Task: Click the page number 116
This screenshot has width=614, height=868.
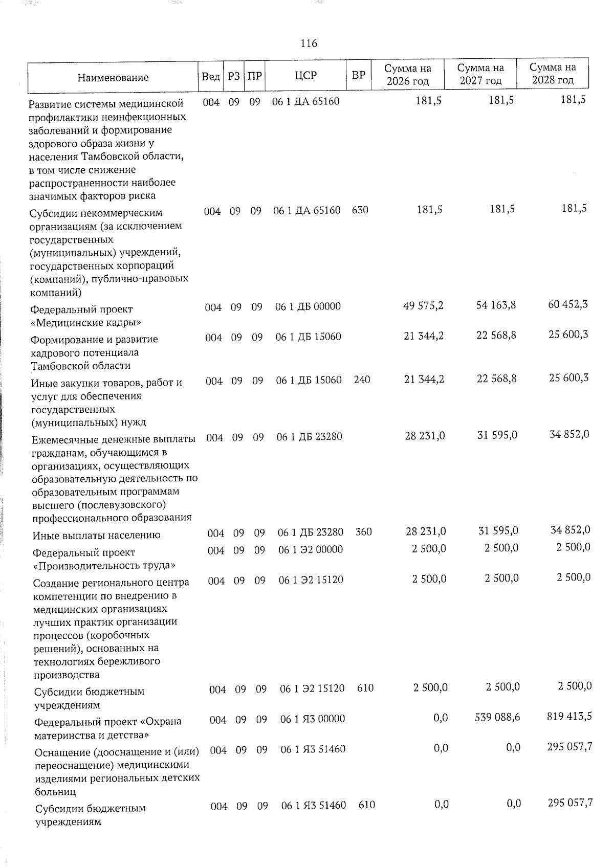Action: click(x=309, y=43)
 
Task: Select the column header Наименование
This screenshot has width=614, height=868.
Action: click(x=113, y=77)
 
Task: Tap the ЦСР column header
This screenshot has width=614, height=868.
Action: click(x=305, y=75)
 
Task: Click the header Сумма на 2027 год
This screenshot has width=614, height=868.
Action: click(x=480, y=74)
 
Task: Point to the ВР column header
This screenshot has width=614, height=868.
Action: click(x=358, y=75)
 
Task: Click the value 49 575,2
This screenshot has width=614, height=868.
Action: click(x=423, y=305)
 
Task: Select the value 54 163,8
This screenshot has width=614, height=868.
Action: click(x=496, y=305)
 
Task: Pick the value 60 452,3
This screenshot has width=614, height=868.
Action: click(x=567, y=304)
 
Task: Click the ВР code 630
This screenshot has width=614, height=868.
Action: click(x=360, y=210)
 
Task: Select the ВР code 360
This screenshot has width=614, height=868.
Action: click(x=363, y=532)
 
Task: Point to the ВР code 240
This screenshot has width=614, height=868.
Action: click(x=362, y=380)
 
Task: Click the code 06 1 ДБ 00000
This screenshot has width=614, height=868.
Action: click(x=308, y=306)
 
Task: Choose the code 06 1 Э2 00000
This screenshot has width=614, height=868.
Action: click(x=311, y=549)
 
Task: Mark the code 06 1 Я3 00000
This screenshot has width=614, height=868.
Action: click(x=313, y=719)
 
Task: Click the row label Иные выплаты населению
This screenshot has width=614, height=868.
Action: click(x=96, y=536)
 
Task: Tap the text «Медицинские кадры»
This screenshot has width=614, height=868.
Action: click(x=86, y=323)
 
